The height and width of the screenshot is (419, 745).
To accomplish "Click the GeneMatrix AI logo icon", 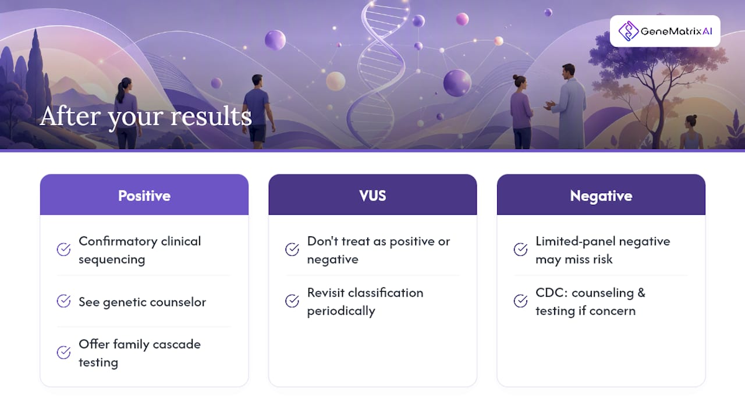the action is click(628, 31).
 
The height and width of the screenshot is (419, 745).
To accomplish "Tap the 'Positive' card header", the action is click(144, 194).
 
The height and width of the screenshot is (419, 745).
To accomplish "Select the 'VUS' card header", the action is click(372, 194).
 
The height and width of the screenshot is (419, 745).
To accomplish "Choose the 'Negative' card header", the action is click(601, 194).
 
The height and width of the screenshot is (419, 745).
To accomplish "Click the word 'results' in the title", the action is click(211, 116).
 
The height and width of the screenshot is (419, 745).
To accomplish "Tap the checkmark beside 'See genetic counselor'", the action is click(63, 301).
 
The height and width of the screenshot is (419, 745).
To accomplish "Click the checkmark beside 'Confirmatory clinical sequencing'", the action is click(63, 250).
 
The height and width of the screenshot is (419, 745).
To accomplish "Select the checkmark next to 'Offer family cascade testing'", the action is click(63, 353).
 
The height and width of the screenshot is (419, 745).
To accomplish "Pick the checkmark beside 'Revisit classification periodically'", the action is click(292, 301).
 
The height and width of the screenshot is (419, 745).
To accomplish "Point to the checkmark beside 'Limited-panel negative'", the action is click(520, 250).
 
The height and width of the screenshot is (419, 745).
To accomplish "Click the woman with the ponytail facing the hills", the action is click(127, 113).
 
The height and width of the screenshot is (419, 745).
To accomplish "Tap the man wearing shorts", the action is click(258, 111).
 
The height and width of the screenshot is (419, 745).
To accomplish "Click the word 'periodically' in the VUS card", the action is click(341, 311).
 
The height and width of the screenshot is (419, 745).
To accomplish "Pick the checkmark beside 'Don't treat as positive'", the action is click(292, 250).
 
